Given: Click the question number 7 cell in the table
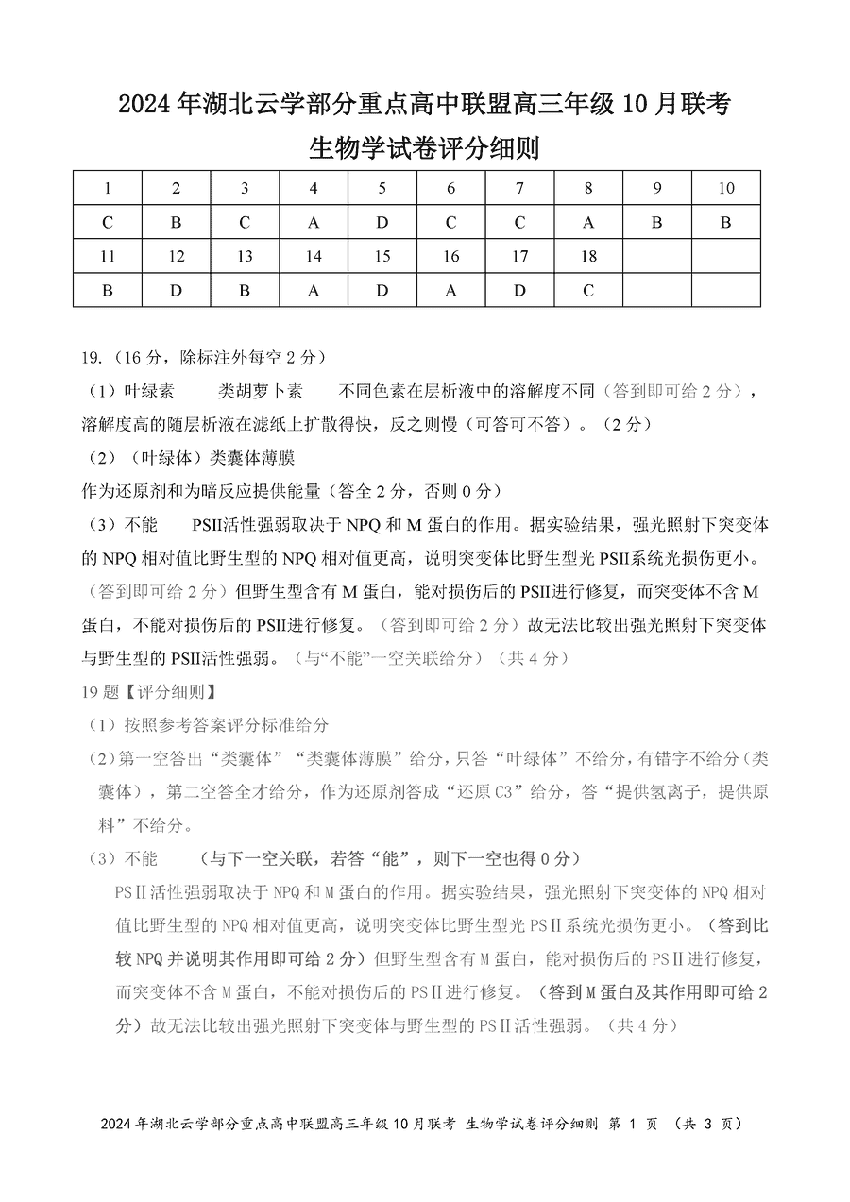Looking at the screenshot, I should click(x=519, y=188).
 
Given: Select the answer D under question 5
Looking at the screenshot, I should click(x=382, y=223).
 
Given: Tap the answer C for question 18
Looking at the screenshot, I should click(x=588, y=291).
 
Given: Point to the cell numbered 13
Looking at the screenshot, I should click(x=245, y=257).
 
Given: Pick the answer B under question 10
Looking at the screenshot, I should click(x=725, y=223).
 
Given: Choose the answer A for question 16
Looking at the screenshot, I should click(x=450, y=291).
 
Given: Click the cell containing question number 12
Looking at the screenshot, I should click(x=176, y=257).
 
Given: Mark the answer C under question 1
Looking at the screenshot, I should click(x=108, y=223).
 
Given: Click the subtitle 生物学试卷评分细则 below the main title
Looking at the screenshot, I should click(x=424, y=148).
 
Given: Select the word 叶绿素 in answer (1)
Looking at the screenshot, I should click(x=149, y=392).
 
